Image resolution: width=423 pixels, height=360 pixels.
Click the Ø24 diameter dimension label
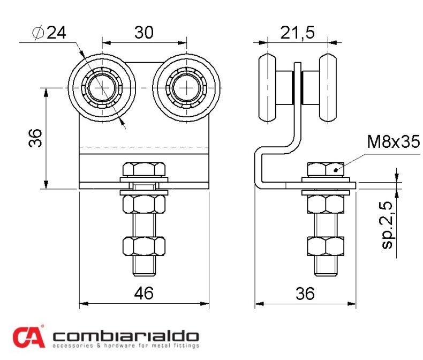pyautogui.click(x=49, y=33)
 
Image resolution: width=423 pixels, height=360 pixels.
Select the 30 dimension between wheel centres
pyautogui.click(x=144, y=32)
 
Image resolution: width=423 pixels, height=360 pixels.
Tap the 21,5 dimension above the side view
pyautogui.click(x=297, y=32)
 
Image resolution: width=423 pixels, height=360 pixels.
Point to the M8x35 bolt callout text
pyautogui.click(x=394, y=141)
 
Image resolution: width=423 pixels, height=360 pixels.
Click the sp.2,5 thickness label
pyautogui.click(x=388, y=225)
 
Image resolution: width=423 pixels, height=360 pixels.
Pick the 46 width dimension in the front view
pyautogui.click(x=144, y=292)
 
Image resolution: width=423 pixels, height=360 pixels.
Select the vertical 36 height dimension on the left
pyautogui.click(x=35, y=138)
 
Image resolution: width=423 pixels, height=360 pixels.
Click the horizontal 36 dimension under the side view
pyautogui.click(x=305, y=294)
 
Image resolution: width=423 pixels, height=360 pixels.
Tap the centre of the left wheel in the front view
pyautogui.click(x=102, y=88)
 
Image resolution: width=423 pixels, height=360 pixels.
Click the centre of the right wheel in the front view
pyautogui.click(x=186, y=88)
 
